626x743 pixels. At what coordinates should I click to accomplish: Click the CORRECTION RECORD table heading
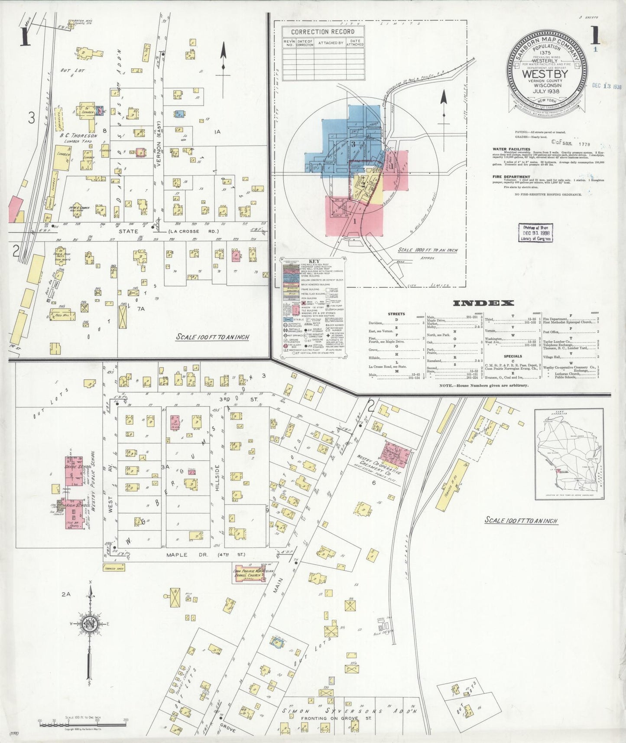point(322,32)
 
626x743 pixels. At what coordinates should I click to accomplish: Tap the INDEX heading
point(483,303)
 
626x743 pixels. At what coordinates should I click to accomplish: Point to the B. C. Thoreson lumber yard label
point(78,136)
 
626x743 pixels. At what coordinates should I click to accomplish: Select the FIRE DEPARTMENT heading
point(511,177)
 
